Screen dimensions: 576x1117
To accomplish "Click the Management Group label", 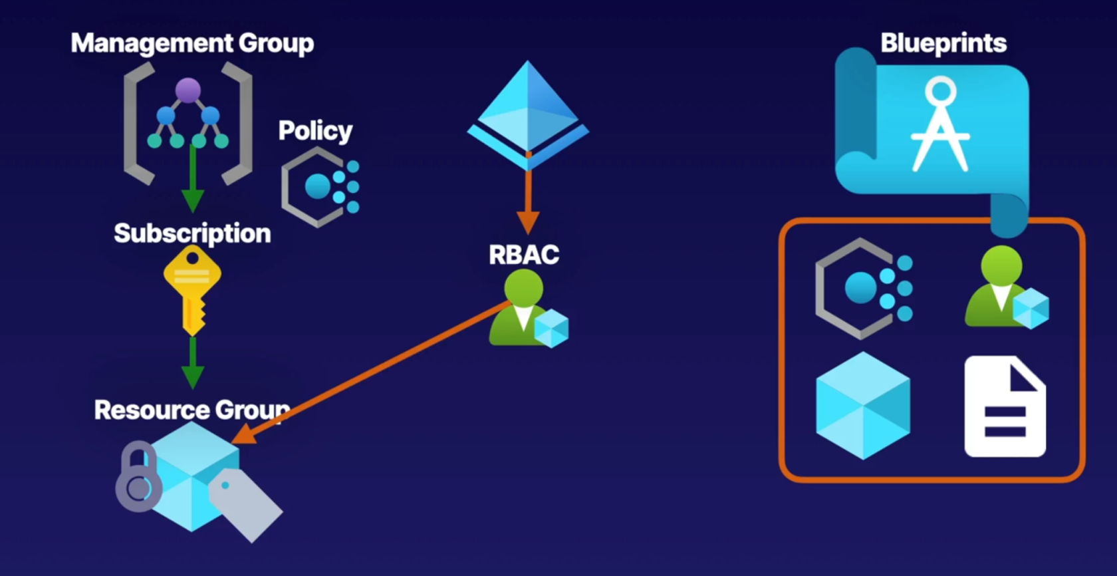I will point(192,43).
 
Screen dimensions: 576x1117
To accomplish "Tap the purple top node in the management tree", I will point(187,90).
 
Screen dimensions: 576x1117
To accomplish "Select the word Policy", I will point(315,130).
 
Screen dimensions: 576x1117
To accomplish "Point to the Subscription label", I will point(192,233).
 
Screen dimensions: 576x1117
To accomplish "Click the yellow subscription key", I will point(192,289).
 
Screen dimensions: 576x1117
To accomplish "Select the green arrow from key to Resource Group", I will point(193,362).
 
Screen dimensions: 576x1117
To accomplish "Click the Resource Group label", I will point(192,410).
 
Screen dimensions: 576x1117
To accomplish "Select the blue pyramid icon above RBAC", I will point(528,113).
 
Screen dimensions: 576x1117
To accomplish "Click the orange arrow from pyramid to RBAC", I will point(528,200).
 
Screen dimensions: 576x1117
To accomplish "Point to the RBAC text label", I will point(524,255).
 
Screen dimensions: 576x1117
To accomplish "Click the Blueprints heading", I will point(943,43).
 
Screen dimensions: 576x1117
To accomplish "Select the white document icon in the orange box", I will point(1005,406).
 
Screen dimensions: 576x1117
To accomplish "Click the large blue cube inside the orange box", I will point(863,406).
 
